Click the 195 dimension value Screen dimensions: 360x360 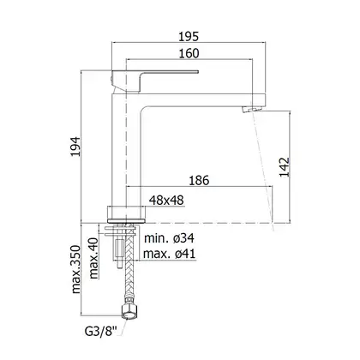pos(189,37)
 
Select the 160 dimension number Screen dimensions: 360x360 pos(189,53)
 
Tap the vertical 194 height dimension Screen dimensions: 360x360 pos(76,147)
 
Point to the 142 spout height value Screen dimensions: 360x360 pos(285,167)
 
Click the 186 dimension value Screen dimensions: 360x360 pos(199,181)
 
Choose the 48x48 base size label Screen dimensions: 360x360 pos(166,201)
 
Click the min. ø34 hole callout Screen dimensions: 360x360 pos(170,238)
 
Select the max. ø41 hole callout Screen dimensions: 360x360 pos(170,254)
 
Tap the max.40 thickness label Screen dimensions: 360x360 pos(94,258)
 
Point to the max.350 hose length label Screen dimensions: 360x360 pos(76,269)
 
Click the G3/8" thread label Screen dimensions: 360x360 pos(101,332)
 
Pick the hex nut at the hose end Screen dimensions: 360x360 pos(129,312)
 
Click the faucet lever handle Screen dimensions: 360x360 pos(154,81)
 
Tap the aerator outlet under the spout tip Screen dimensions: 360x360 pos(251,109)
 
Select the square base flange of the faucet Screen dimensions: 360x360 pos(127,213)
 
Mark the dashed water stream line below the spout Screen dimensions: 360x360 pos(264,171)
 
